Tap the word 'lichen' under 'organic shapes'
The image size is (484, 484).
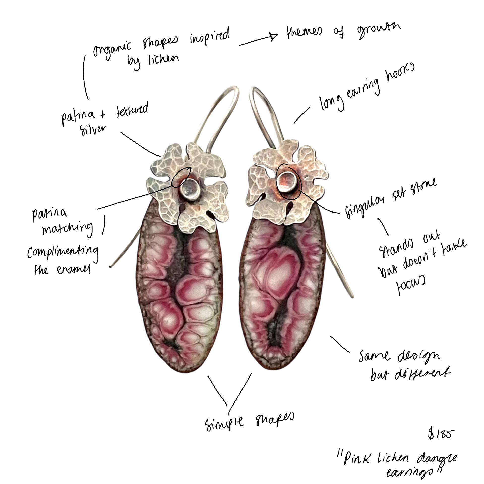click(163, 59)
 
